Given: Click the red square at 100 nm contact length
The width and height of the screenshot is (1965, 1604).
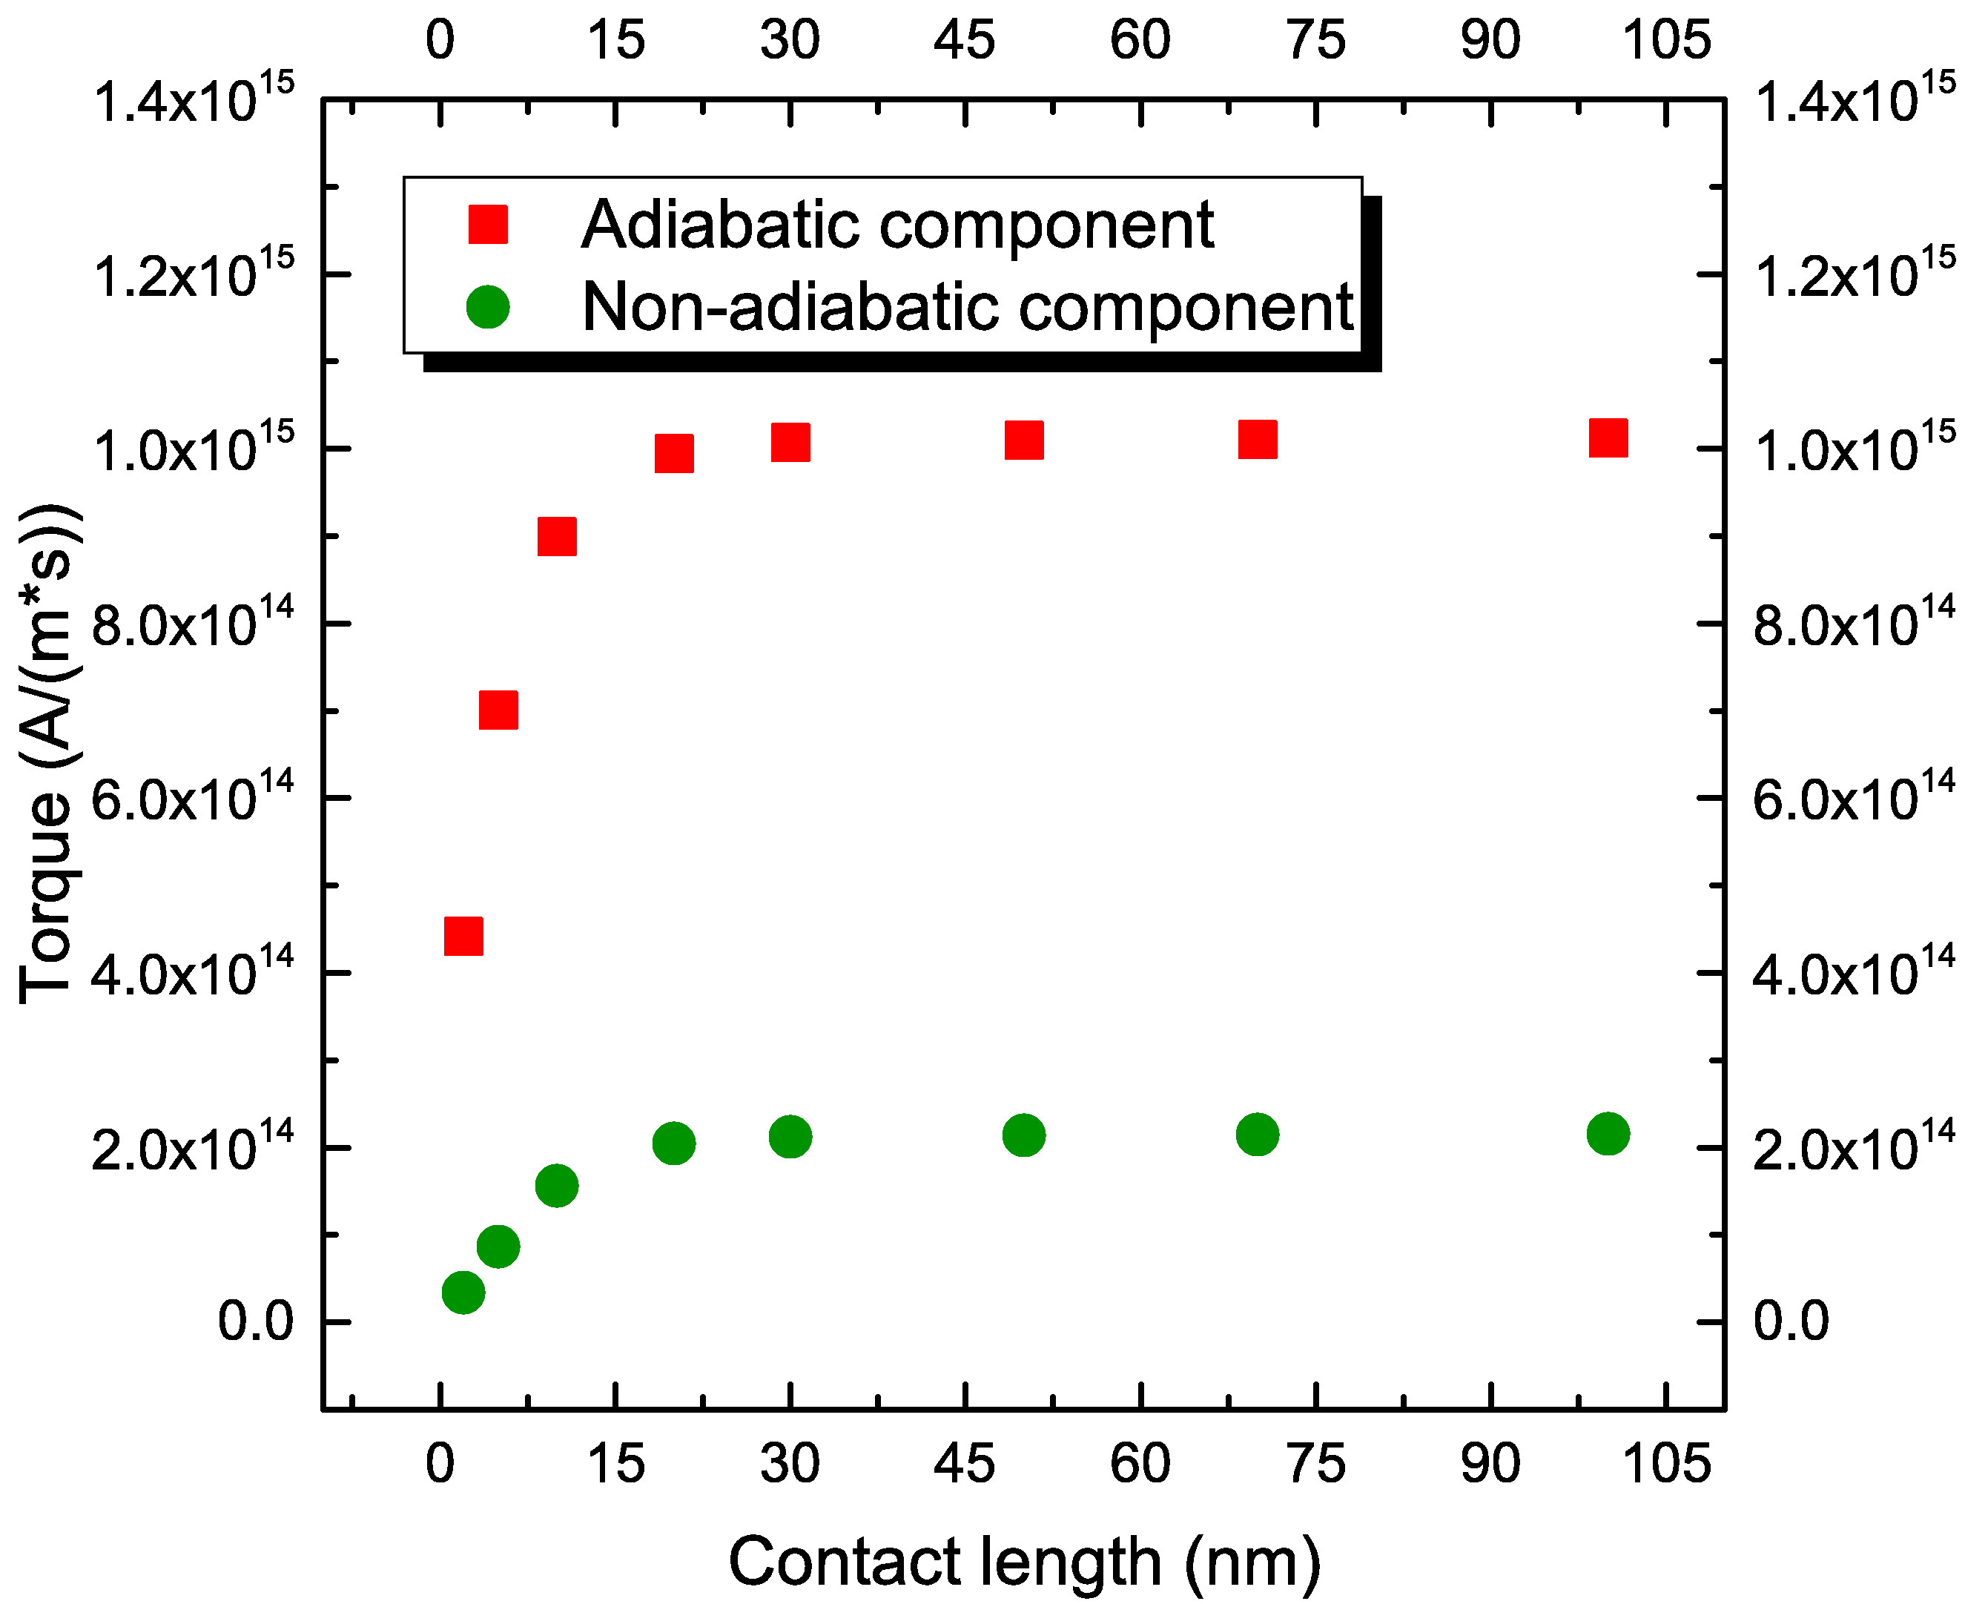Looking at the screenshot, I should (x=1608, y=438).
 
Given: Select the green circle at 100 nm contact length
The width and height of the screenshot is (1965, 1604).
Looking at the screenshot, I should (x=1608, y=1134).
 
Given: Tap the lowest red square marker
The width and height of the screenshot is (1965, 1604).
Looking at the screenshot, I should (x=463, y=936).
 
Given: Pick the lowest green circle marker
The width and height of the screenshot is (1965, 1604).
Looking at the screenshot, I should (x=463, y=1292).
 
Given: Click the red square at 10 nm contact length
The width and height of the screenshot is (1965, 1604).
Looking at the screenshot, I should (x=556, y=536).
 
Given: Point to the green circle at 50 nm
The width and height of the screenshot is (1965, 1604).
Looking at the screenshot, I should (x=1023, y=1135).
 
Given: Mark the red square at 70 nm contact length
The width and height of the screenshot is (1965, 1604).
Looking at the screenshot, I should (x=1258, y=440).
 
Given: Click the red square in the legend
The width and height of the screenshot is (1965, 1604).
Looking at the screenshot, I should (x=488, y=225).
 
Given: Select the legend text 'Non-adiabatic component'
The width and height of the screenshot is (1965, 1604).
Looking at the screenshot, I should (x=966, y=307).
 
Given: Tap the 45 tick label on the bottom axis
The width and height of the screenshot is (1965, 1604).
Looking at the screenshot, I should (x=965, y=1465).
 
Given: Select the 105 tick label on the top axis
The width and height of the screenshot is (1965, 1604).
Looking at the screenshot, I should (x=1665, y=41).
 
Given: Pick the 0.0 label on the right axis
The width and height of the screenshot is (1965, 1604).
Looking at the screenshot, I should (x=1791, y=1321).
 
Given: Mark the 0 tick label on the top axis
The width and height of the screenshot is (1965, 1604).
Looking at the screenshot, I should (x=440, y=41).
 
